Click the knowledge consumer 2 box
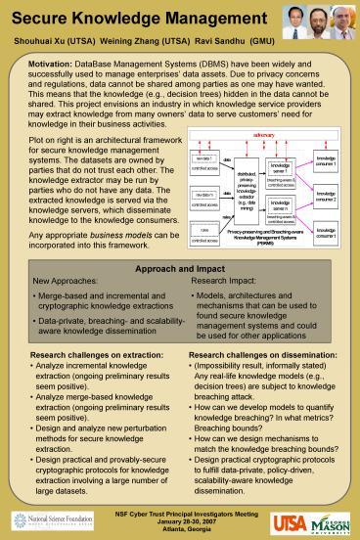(324, 199)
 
